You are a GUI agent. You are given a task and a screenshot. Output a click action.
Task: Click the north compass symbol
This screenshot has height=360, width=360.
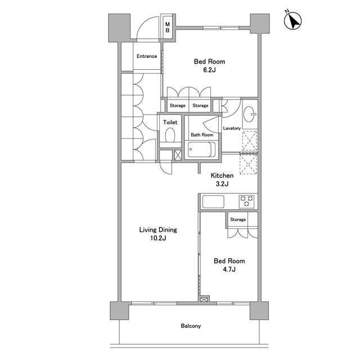[x=292, y=20]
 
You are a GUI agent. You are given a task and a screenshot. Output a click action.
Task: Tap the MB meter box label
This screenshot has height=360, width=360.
[x=168, y=27]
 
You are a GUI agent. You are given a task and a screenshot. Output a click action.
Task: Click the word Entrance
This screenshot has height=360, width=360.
[x=147, y=56]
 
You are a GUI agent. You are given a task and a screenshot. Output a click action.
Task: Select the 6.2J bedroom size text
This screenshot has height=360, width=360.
[x=209, y=70]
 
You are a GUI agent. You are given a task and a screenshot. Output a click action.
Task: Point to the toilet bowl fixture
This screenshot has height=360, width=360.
[x=170, y=135]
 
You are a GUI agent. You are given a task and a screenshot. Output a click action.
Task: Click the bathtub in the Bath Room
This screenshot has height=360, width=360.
[x=201, y=150]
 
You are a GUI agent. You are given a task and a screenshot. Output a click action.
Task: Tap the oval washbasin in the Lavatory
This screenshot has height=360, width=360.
[x=249, y=114]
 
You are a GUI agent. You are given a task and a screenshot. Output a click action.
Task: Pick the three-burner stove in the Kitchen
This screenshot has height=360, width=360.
[x=246, y=201]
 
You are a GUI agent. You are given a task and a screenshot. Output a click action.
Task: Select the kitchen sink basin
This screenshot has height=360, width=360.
[x=213, y=201]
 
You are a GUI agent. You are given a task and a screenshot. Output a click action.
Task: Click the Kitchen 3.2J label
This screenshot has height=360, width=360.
[x=222, y=179]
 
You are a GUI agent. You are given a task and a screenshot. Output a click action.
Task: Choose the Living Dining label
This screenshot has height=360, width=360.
[x=158, y=230]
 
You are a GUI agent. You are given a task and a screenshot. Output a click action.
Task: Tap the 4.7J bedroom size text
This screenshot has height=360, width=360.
[x=229, y=269]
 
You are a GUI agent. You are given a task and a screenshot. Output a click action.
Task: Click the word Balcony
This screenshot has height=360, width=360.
[x=191, y=326]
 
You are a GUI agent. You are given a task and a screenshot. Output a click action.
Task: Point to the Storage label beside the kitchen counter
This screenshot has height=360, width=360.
[x=238, y=219]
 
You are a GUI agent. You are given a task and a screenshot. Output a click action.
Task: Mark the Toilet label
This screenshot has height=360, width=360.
[x=170, y=122]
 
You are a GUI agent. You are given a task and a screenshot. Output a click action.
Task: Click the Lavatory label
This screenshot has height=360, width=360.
[x=232, y=128]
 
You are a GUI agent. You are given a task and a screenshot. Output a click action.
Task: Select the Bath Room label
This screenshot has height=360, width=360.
[x=202, y=135]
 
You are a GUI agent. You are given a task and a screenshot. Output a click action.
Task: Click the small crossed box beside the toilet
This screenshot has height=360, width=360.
[x=178, y=155]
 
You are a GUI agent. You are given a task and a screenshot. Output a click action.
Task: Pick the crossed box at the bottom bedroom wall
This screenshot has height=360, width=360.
[x=204, y=300]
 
